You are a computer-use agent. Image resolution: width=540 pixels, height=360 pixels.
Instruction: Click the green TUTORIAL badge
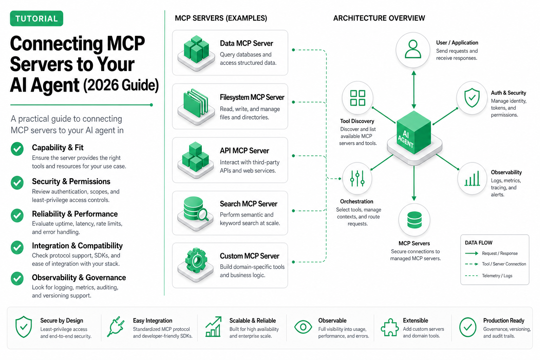point(37,18)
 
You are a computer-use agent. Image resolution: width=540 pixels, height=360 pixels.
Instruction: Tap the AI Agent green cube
point(414,133)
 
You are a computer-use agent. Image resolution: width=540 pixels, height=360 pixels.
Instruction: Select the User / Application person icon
point(413,49)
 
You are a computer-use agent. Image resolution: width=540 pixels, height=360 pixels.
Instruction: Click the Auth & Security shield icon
point(472,98)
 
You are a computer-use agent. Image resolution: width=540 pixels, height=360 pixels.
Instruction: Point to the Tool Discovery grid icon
point(358,98)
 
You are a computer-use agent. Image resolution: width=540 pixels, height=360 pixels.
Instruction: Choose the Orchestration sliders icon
point(357,179)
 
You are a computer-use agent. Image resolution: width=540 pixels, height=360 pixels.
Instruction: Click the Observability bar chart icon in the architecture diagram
point(472,179)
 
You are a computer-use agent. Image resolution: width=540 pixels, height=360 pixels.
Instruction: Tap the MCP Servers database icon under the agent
point(414,220)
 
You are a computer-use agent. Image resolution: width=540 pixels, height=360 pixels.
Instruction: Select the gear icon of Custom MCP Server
point(196,260)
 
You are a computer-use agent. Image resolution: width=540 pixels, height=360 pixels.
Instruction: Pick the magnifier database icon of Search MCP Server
point(195,209)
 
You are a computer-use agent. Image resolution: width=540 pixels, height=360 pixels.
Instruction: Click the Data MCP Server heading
point(246,43)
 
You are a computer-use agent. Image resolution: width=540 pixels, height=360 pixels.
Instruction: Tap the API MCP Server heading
point(244,151)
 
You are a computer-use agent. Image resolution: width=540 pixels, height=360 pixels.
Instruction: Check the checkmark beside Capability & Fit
point(17,149)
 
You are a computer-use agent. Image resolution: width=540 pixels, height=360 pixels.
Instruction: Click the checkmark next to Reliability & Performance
point(17,215)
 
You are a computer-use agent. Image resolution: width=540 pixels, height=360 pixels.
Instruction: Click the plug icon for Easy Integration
point(115,327)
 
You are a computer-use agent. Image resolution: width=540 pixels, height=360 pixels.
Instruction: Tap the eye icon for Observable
point(303,327)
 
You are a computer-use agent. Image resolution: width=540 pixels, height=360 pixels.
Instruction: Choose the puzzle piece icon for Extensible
point(389,327)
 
